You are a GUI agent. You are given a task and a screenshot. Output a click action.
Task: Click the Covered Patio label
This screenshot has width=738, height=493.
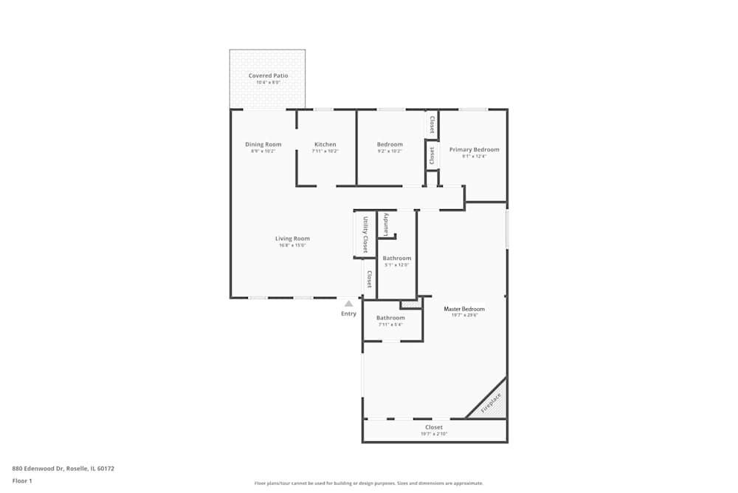point(268,75)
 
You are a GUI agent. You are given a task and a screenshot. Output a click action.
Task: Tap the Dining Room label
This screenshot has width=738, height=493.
point(263,144)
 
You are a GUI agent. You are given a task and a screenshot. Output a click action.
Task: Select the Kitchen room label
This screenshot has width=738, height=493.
point(325,144)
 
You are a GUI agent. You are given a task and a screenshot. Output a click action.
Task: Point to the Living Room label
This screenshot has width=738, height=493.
point(292,239)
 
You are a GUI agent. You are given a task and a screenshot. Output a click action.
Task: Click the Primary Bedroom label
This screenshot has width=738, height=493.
point(474,149)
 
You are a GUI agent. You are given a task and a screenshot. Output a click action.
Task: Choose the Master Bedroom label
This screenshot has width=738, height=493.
point(464,308)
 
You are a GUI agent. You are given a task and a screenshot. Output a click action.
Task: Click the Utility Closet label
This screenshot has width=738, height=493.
point(365,234)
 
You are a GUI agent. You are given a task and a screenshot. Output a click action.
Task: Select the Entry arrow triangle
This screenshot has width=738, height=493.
point(349,303)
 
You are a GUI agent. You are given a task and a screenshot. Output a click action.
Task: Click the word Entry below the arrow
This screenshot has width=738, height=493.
point(348,313)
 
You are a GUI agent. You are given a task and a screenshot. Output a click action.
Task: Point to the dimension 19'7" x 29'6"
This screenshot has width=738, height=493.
point(465,315)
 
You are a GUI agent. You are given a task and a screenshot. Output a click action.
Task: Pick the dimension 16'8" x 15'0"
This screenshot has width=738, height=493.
point(292,245)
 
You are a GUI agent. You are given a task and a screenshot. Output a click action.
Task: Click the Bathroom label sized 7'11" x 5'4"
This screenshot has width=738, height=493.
point(390,318)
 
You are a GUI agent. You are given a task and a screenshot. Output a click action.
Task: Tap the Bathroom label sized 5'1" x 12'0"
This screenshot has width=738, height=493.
point(397,258)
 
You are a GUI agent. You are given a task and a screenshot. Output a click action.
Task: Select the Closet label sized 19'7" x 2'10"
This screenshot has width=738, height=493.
point(434,427)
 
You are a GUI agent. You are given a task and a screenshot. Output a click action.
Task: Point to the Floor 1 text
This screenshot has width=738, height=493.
point(22,480)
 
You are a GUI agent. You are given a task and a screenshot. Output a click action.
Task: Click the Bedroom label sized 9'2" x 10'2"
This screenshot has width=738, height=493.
point(390,144)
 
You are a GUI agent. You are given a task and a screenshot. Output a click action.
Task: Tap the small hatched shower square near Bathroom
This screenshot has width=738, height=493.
point(410,304)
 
